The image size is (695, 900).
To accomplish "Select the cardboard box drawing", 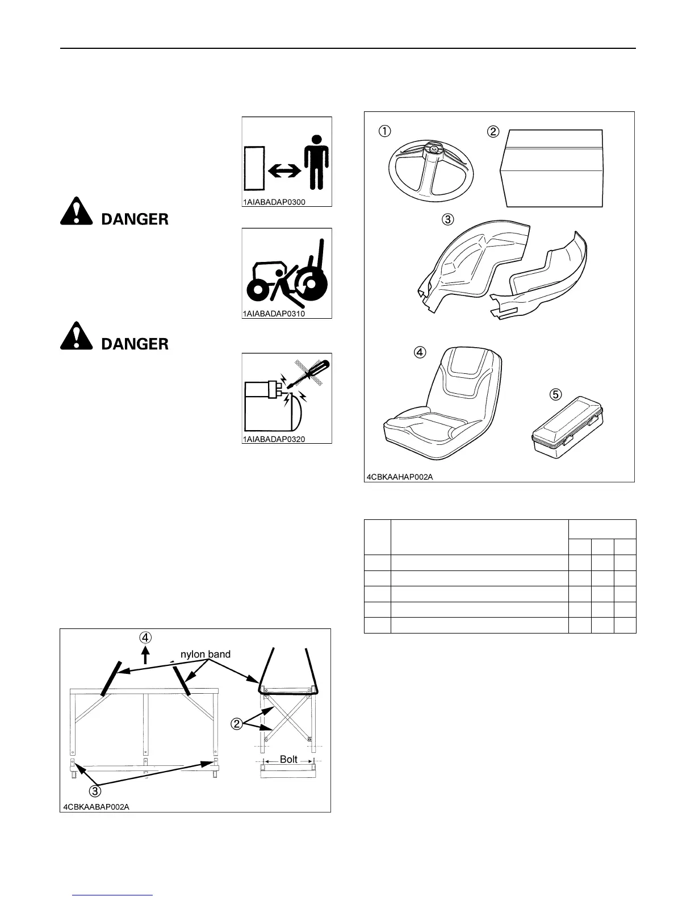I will pos(551,169).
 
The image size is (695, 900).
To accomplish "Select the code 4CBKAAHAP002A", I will pos(400,476).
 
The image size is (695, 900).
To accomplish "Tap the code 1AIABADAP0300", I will pos(274,202).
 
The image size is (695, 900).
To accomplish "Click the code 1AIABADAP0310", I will pos(274,313).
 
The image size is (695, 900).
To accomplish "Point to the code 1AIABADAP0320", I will pos(274,439).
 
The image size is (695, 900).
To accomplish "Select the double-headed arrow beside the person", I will pos(283,170).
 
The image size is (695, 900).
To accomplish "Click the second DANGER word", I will pos(135,344).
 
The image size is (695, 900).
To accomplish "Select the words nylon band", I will pos(205,654).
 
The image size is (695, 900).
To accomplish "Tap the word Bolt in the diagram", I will pos(288,759).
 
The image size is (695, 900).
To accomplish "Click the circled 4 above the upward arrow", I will pos(145,637).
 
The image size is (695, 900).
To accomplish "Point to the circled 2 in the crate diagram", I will pos(237,723).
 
